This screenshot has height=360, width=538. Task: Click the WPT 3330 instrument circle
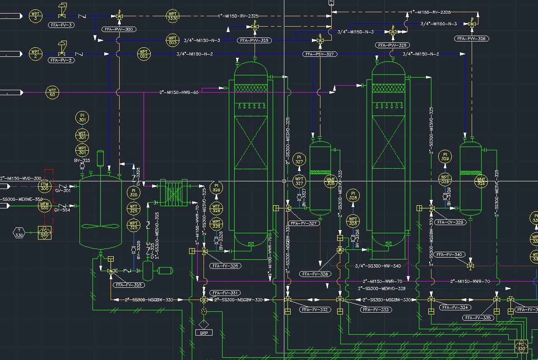pyautogui.click(x=172, y=16)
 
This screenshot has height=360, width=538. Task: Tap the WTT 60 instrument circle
pyautogui.click(x=52, y=93)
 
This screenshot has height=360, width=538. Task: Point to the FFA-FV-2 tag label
pyautogui.click(x=62, y=60)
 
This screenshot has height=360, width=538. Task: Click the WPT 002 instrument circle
pyautogui.click(x=144, y=54)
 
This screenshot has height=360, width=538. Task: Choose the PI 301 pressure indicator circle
pyautogui.click(x=82, y=118)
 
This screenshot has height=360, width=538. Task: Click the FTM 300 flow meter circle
pyautogui.click(x=45, y=186)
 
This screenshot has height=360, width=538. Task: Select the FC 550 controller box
pyautogui.click(x=45, y=232)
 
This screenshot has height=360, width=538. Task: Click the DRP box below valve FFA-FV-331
pyautogui.click(x=204, y=332)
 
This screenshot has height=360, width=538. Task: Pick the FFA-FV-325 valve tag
pyautogui.click(x=129, y=285)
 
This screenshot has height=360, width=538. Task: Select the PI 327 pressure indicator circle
pyautogui.click(x=299, y=159)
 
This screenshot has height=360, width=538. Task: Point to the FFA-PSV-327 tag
pyautogui.click(x=320, y=54)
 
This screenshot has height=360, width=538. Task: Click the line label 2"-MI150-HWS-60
pyautogui.click(x=179, y=92)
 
